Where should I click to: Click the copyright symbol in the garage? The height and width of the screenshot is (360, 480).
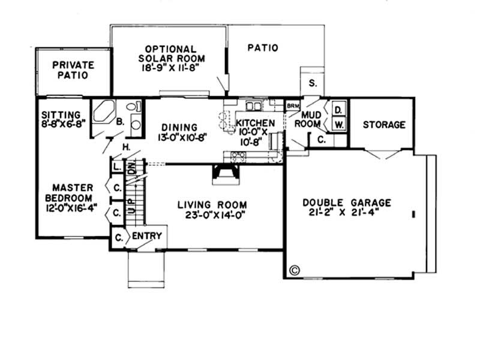[x=294, y=269]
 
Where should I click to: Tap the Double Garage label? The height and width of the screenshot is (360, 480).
[x=347, y=203]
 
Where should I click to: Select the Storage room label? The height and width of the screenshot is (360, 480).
[x=384, y=125]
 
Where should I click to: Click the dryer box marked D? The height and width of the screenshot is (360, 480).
[x=338, y=110]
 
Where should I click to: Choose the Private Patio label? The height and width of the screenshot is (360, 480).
[x=70, y=70]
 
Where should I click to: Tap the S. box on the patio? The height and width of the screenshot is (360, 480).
[x=312, y=83]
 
